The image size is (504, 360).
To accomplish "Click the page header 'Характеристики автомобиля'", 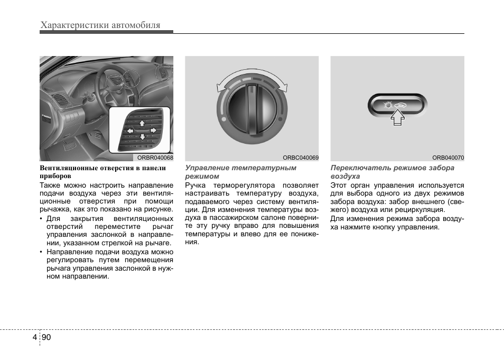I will (x=100, y=25).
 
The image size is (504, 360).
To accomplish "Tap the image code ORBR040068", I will (x=155, y=158).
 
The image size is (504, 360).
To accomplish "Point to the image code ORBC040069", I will (x=301, y=158).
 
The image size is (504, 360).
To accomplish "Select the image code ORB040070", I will (x=447, y=158).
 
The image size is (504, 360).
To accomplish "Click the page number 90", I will (x=45, y=337).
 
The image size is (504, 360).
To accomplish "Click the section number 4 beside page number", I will (x=35, y=337).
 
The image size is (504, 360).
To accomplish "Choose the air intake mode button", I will (x=397, y=106).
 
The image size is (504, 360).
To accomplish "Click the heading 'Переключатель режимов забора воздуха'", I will (x=392, y=172).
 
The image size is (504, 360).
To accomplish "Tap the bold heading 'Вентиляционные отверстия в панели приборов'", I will (x=103, y=172).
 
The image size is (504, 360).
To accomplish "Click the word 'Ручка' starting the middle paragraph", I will (x=195, y=186).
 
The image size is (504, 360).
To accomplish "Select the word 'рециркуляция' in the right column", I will (x=423, y=210).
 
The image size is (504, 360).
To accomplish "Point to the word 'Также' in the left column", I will (x=50, y=186).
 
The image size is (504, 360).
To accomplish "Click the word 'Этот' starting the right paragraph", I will (x=339, y=186).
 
